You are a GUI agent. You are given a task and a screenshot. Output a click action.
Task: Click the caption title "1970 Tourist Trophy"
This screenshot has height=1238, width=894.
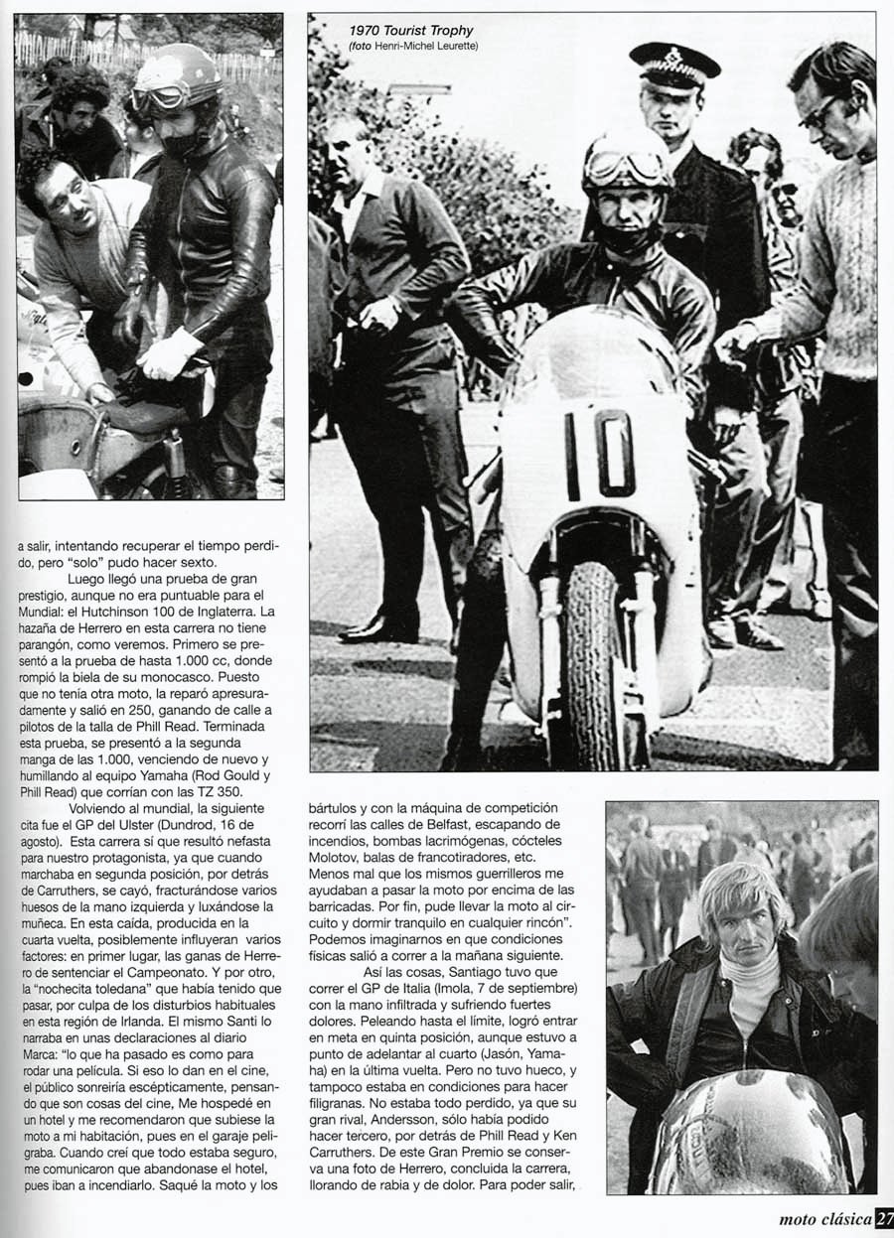pyautogui.click(x=411, y=32)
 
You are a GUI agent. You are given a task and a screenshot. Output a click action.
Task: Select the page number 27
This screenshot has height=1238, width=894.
pyautogui.click(x=883, y=1220)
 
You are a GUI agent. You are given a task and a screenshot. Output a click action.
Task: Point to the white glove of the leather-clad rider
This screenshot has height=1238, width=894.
pyautogui.click(x=172, y=354)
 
